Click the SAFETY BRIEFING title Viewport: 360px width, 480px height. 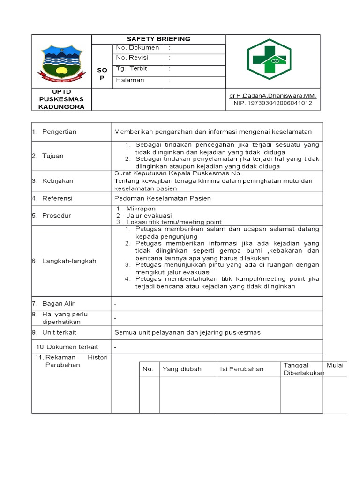point(158,39)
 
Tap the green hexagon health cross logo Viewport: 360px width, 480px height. point(270,60)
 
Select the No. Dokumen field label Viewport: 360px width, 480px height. point(137,48)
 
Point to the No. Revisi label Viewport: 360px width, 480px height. point(132,58)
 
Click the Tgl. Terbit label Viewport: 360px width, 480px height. point(132,68)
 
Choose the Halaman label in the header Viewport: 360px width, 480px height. point(130,80)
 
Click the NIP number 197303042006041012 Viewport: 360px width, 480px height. point(273,103)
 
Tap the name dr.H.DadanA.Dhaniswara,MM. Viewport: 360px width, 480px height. point(273,96)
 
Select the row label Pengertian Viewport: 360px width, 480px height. point(59,132)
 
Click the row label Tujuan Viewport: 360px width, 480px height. point(53,156)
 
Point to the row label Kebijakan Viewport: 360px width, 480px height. point(58,180)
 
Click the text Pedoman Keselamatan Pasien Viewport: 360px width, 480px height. point(163,198)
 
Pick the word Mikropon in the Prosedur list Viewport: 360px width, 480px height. point(141,209)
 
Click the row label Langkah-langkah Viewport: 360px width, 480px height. point(69,261)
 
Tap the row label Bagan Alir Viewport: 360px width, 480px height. point(59,304)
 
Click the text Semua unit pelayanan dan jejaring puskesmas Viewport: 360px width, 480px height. point(187,332)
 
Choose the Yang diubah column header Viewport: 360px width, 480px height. point(182,369)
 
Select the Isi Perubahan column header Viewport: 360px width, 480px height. point(242,369)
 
